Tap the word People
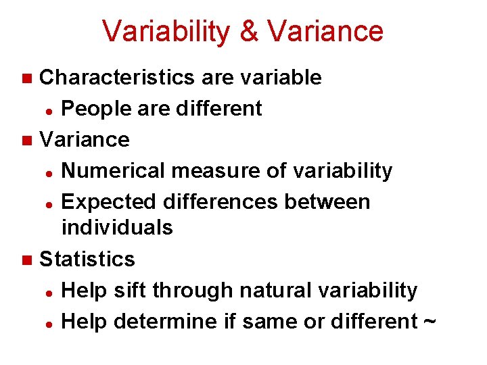tap(95, 108)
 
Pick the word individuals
tap(117, 228)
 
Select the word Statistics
tap(87, 259)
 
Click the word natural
tap(260, 290)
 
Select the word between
tap(328, 202)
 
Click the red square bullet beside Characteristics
tap(26, 78)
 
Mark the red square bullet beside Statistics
tap(26, 260)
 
